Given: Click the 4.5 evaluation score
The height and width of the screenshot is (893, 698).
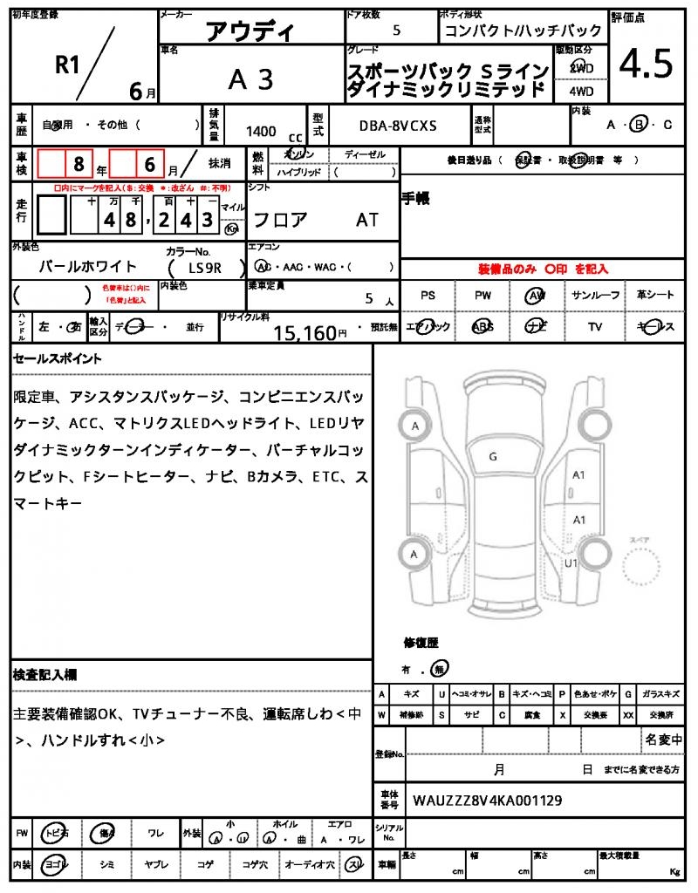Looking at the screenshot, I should [x=646, y=63].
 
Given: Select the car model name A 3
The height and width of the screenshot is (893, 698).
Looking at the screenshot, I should [x=250, y=79].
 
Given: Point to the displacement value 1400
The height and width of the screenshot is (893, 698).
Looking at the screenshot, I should [x=261, y=131].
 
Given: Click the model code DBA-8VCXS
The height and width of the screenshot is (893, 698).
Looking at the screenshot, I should [x=398, y=126].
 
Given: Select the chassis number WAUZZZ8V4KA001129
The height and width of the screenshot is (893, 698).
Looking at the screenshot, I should [x=487, y=800].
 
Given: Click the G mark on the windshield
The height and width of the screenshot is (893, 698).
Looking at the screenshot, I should [x=493, y=456].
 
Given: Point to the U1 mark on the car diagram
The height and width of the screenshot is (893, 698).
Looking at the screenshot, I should [x=573, y=563].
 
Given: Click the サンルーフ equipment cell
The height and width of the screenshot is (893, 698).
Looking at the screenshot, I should [x=596, y=296].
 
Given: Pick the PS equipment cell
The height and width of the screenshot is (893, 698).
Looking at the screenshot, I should [x=428, y=296].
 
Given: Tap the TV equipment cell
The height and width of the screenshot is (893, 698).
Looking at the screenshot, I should [x=596, y=327].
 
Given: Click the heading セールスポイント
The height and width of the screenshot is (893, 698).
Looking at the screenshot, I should [x=58, y=358].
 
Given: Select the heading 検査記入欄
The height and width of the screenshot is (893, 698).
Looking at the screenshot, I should [x=45, y=675].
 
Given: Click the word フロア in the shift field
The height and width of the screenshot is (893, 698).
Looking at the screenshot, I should [x=279, y=220].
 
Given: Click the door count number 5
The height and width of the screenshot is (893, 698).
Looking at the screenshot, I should [x=398, y=30].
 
